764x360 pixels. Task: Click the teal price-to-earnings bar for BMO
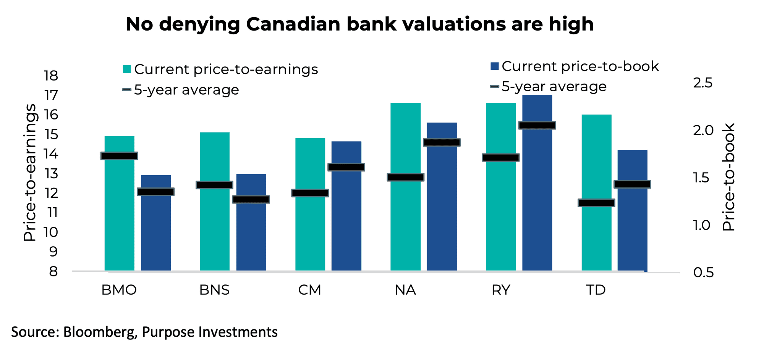(119, 214)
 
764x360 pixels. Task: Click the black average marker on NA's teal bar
(405, 177)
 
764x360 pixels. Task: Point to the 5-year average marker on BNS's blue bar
(251, 199)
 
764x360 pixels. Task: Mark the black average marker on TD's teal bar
(596, 203)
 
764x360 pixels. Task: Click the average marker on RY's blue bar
(537, 125)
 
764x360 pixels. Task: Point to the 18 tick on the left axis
(51, 76)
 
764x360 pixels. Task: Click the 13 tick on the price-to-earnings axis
(51, 174)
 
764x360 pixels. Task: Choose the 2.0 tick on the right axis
(703, 130)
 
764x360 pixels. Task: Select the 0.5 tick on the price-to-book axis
(703, 272)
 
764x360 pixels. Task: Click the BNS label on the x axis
(214, 290)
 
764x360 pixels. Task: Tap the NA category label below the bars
(405, 290)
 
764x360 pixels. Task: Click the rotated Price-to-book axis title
(728, 177)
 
